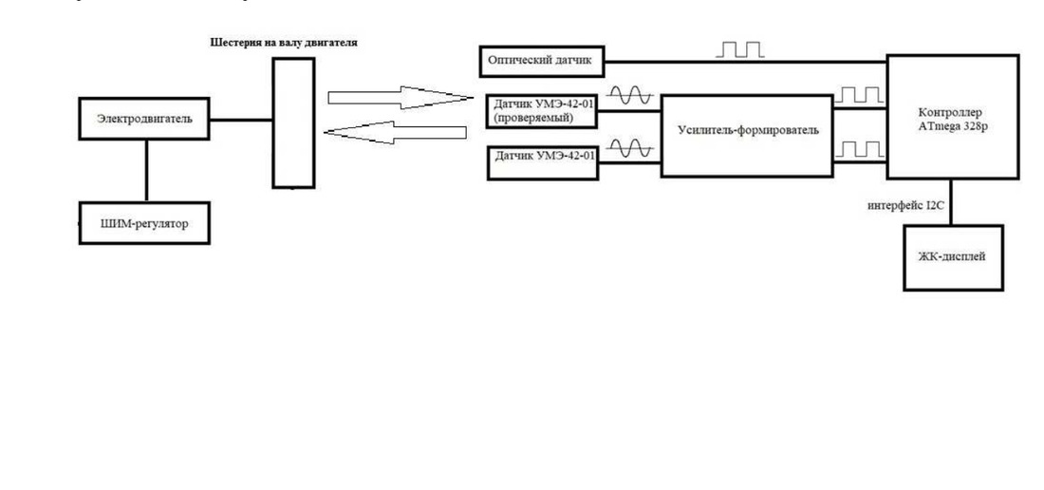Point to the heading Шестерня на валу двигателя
285,43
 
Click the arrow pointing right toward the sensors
401,98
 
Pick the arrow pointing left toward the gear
395,132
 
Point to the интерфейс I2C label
904,206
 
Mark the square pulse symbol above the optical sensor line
739,49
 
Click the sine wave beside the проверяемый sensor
629,95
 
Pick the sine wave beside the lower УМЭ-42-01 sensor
629,147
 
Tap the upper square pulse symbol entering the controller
860,95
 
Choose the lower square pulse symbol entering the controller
860,149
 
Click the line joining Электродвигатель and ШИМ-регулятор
146,170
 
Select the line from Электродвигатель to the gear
241,120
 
